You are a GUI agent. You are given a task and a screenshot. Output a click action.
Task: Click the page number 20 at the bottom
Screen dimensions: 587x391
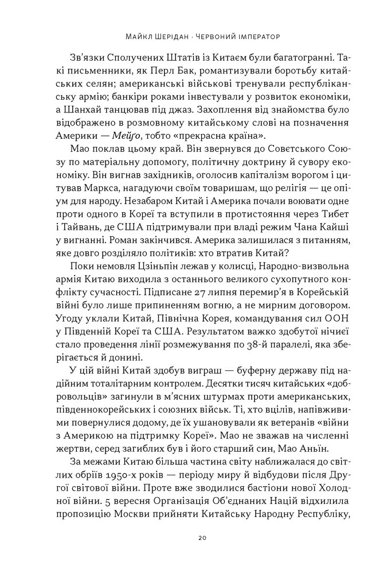(x=196, y=538)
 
